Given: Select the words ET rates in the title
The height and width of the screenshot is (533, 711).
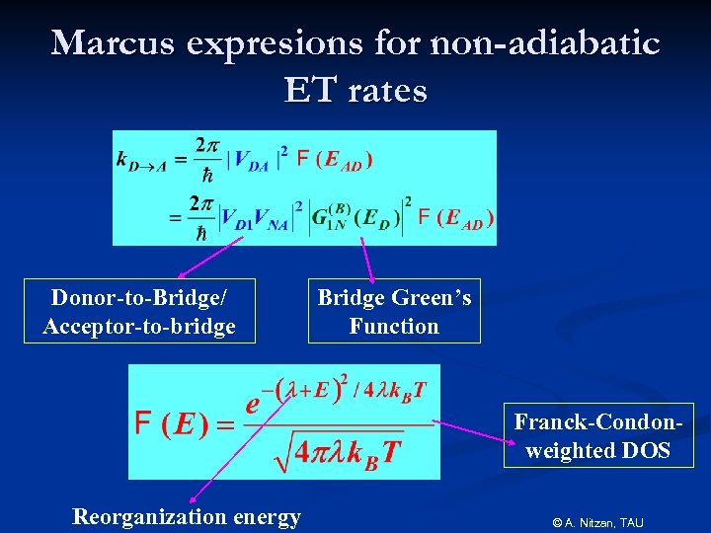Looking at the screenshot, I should click(355, 91).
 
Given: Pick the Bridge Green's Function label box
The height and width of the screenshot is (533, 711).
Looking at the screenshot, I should click(394, 311).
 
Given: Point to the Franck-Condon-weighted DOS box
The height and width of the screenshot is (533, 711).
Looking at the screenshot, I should click(598, 435).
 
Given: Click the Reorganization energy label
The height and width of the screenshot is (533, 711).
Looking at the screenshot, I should click(187, 516).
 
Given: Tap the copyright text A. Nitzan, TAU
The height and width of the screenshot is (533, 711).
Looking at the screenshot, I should click(597, 521).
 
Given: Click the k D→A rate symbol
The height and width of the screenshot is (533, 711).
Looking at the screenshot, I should click(140, 161).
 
